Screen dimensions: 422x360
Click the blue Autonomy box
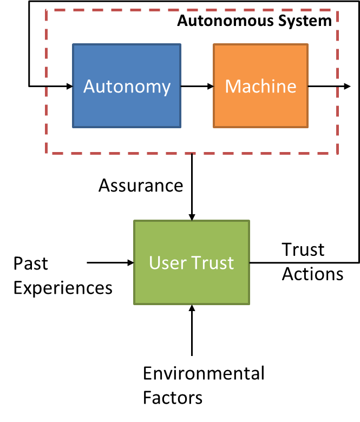coord(127,86)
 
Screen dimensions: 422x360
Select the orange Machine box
coord(260,86)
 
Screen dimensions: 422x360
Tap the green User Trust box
coord(192,262)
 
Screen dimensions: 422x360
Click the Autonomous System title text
coord(254,21)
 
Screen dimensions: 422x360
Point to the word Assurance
coord(141,186)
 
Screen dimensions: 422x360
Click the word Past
coord(31,263)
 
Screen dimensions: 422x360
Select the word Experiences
coord(63,287)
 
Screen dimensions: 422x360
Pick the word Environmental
coord(204,373)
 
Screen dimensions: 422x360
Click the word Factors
coord(173,398)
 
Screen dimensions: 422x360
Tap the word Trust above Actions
coord(303,249)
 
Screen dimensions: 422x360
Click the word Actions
coord(312,274)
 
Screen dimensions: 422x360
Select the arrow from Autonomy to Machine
coord(197,86)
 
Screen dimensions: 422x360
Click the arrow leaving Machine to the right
coord(329,86)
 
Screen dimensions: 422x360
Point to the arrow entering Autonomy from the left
coord(51,86)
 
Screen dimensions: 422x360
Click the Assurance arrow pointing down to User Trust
coord(192,187)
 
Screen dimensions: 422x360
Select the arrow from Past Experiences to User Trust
coord(110,263)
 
